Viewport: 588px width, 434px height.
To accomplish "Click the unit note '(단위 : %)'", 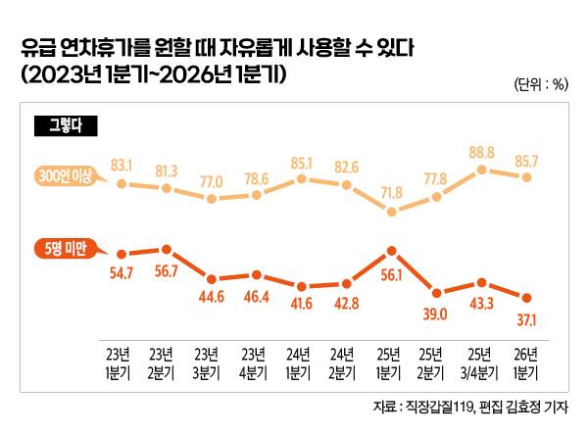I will [540, 83].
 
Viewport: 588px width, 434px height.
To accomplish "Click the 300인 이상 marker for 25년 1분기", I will [392, 211].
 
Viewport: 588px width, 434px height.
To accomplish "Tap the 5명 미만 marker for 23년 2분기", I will [167, 250].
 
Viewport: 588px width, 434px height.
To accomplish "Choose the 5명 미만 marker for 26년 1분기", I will [527, 298].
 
